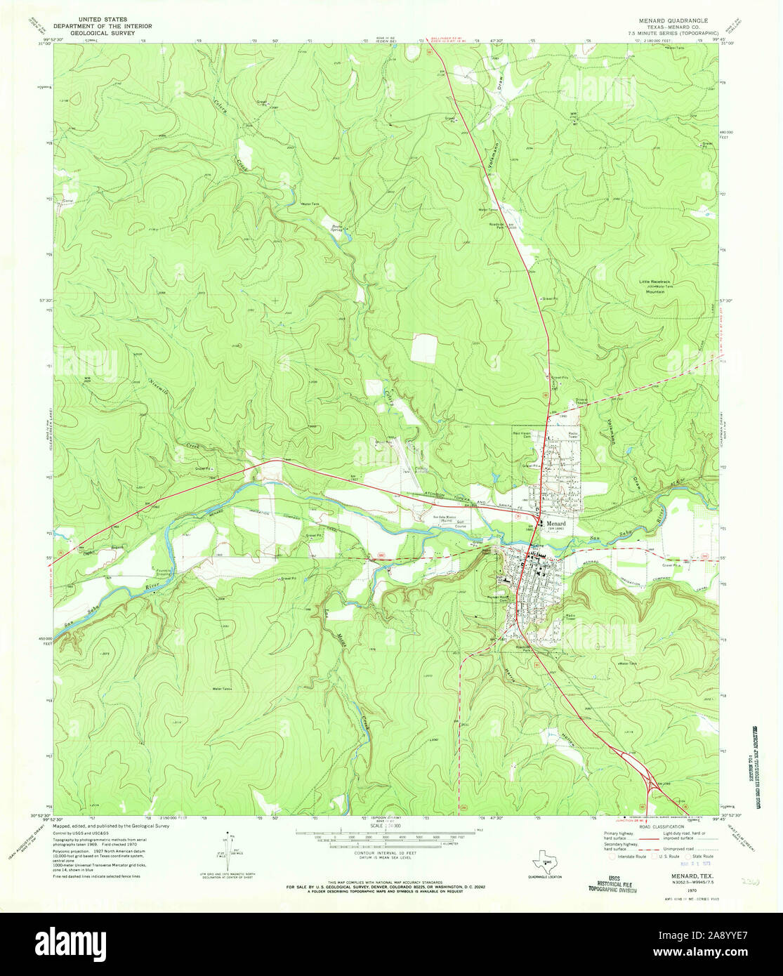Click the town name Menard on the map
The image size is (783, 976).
(558, 523)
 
